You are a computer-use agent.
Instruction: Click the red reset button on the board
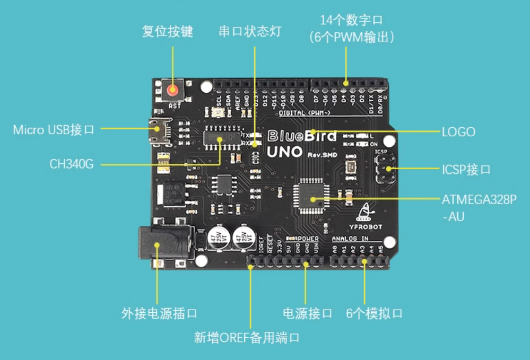coord(172,90)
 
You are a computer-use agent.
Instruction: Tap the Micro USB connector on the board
coord(158,131)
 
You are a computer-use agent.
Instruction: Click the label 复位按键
coord(168,31)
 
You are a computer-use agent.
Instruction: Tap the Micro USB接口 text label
coord(54,129)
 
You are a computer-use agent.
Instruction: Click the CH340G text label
coord(72,164)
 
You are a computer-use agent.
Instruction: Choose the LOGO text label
coord(458,132)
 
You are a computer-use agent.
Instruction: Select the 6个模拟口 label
coord(374,313)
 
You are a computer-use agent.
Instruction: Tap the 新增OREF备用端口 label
coord(247,338)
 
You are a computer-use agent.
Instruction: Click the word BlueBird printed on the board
coord(301,136)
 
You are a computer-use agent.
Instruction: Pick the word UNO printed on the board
coord(284,152)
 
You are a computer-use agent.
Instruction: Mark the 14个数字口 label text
coord(351,20)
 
